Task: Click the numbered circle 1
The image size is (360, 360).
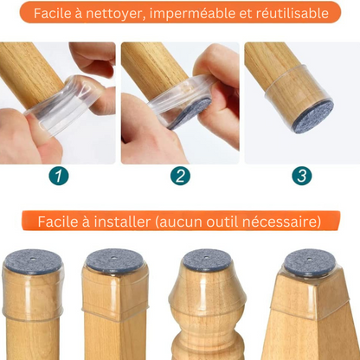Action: pos(58,177)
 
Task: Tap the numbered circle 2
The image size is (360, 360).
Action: pos(180,177)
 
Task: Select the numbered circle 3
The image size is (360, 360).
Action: pos(301,177)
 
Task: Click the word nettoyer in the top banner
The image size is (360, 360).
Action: pos(123,14)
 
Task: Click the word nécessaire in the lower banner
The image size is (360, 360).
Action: pos(281,222)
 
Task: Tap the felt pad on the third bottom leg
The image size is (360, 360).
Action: pos(206,260)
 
